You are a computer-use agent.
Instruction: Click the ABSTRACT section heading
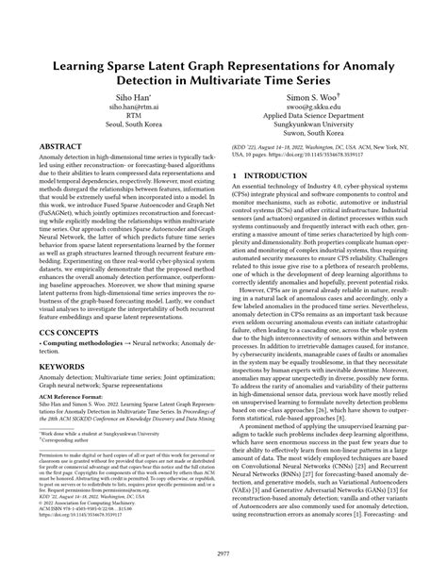click(63, 147)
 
